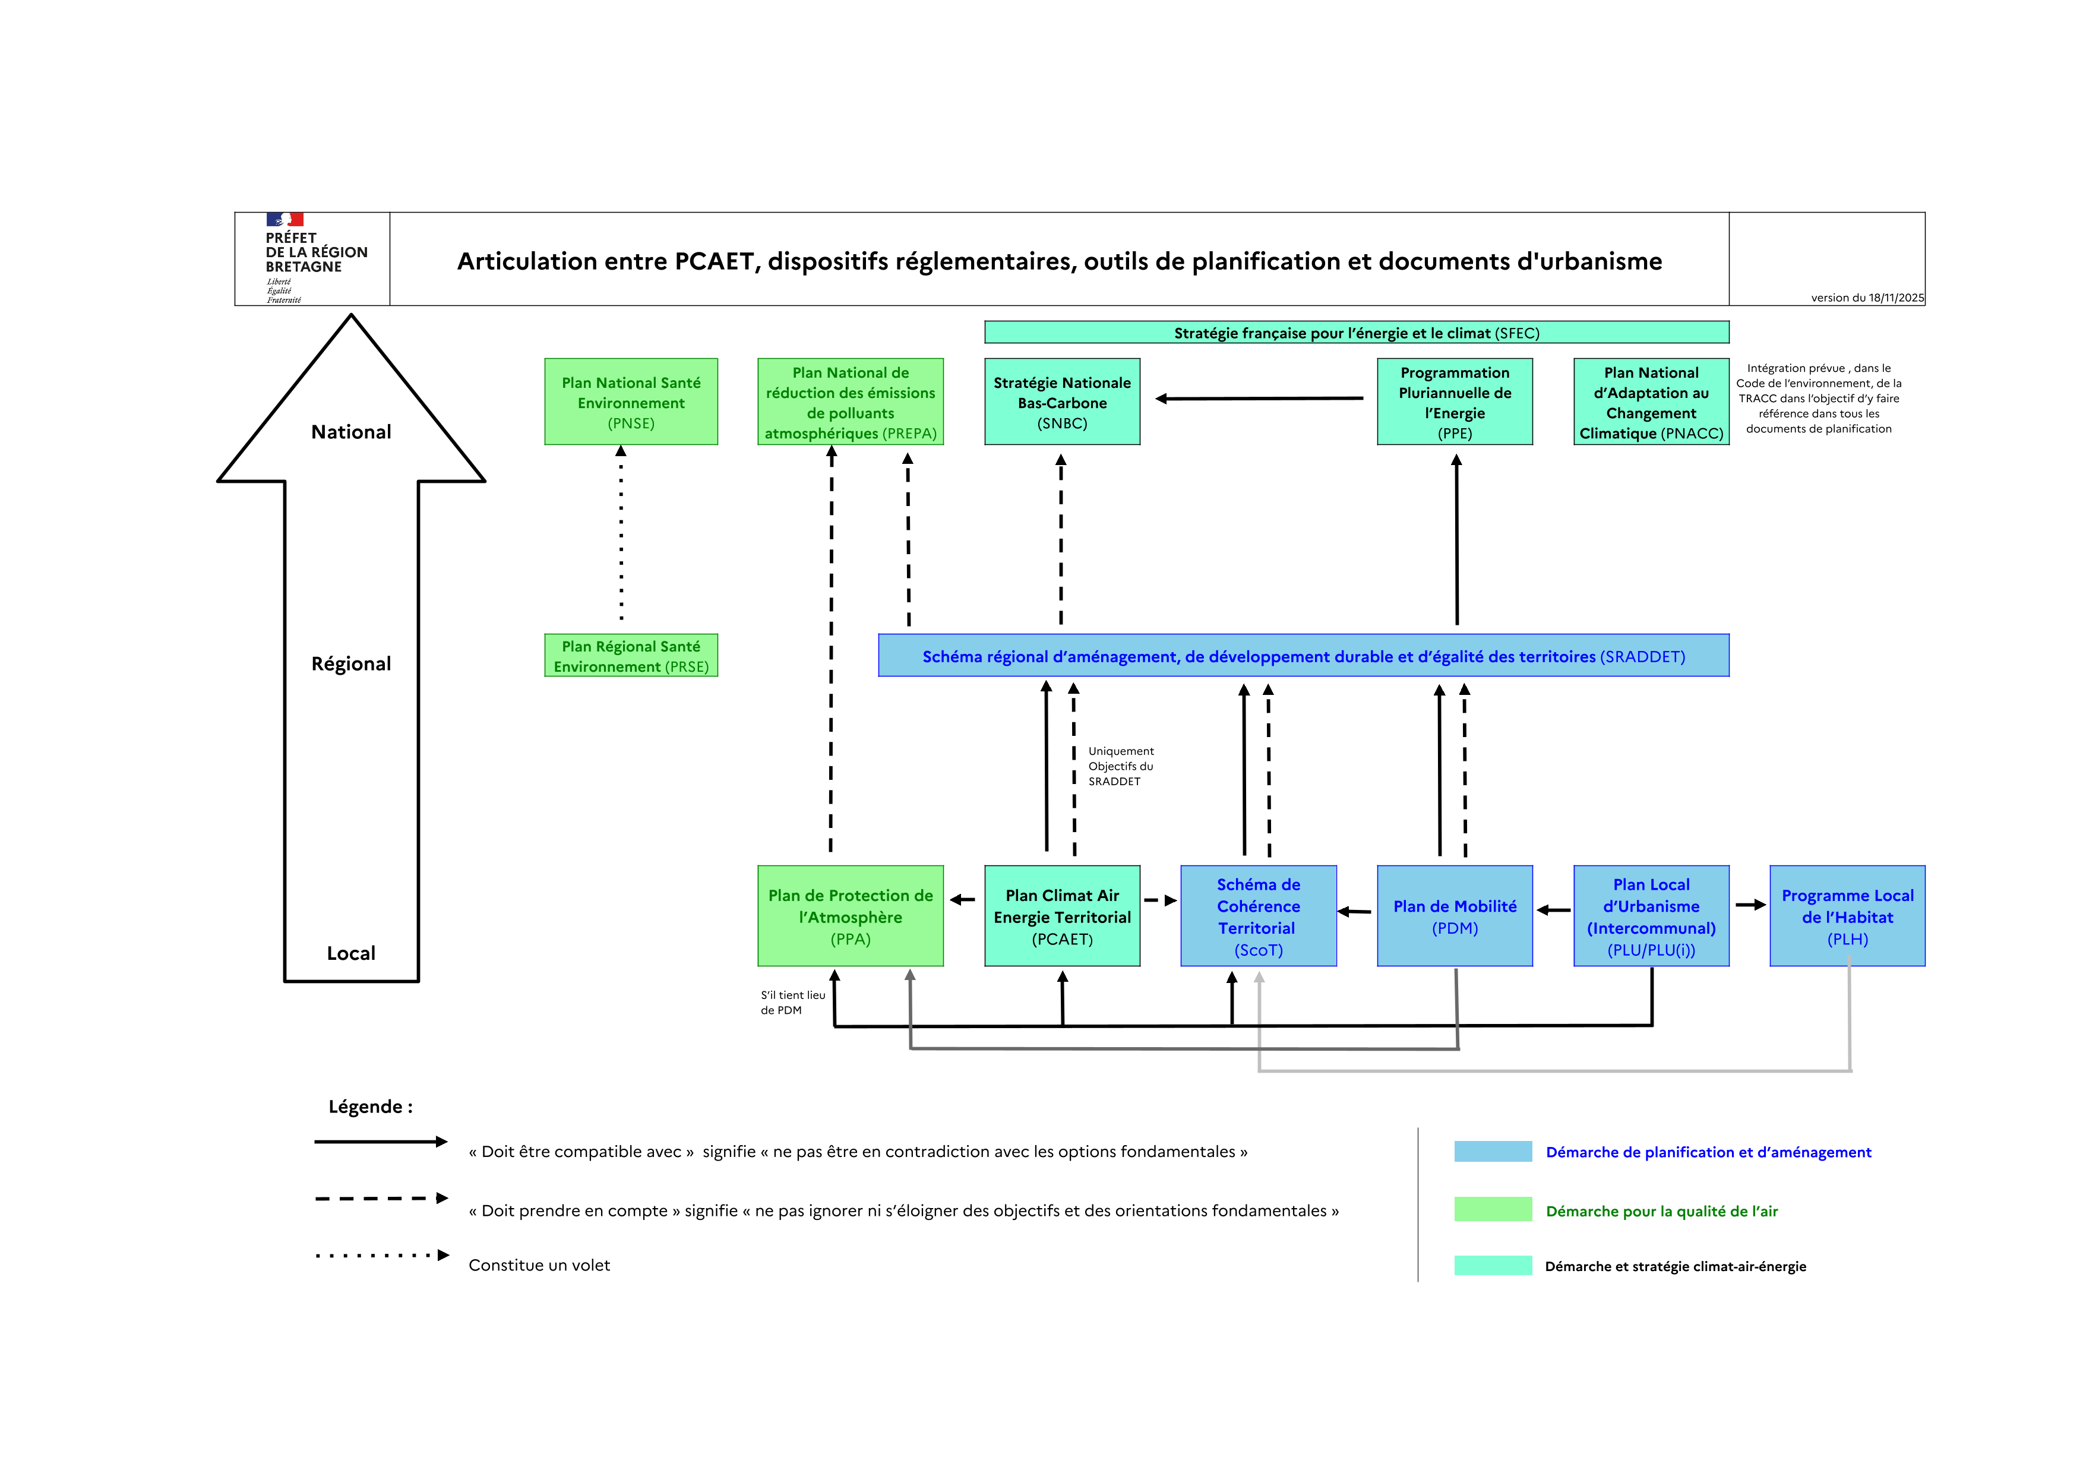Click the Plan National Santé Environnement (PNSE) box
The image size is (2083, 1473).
tap(631, 402)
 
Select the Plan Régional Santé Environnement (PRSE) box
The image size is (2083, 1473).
tap(631, 655)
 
